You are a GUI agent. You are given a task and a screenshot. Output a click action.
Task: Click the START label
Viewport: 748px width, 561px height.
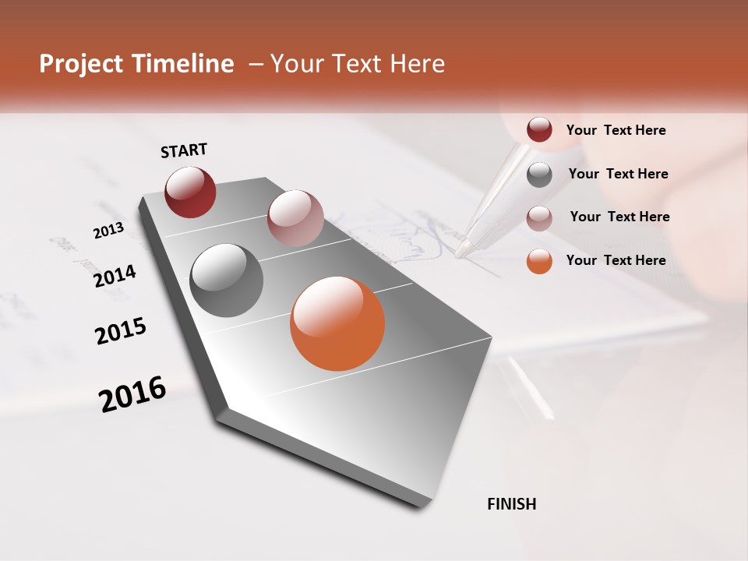(x=184, y=150)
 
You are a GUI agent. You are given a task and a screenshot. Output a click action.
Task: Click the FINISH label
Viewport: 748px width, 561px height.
(x=512, y=504)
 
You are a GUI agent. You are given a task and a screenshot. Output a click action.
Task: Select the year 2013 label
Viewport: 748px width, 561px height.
(x=108, y=230)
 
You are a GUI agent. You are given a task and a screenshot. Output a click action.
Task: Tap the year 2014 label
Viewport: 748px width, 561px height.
(x=115, y=276)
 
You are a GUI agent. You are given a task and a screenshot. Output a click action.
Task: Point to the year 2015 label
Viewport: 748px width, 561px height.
(x=121, y=331)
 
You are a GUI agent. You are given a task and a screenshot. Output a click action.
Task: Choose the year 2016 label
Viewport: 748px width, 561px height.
(x=132, y=394)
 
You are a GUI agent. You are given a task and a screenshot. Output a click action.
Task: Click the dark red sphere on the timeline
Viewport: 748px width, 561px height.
(x=190, y=192)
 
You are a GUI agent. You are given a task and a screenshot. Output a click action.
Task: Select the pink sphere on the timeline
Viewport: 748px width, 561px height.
(x=295, y=217)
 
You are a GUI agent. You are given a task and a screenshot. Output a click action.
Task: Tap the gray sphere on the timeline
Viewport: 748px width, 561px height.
(x=227, y=280)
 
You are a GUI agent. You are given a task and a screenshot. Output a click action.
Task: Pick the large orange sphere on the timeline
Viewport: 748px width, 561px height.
(x=337, y=323)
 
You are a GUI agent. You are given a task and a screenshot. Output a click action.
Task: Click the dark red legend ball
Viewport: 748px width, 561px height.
(x=539, y=130)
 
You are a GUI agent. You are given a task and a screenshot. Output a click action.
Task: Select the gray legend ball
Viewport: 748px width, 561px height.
(x=539, y=175)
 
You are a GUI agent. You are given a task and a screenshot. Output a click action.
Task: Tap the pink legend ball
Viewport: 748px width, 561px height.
(x=539, y=217)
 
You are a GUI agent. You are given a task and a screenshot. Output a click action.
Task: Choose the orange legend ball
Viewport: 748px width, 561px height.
(x=539, y=261)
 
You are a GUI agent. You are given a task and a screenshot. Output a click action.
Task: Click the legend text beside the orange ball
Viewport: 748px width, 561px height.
(x=616, y=260)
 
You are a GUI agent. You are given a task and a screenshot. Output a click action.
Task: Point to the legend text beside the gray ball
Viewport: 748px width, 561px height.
(x=618, y=174)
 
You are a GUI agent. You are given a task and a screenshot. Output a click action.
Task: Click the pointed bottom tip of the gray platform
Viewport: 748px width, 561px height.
(x=421, y=507)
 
